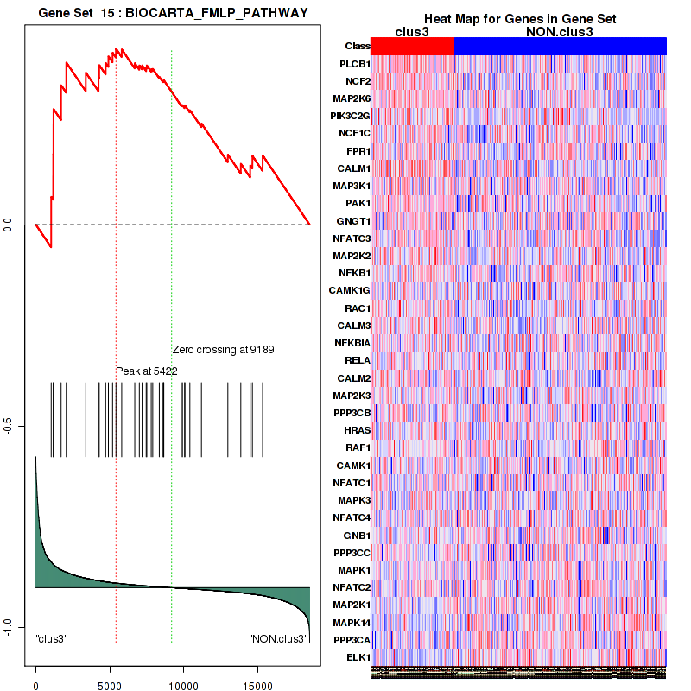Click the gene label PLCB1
tap(355, 64)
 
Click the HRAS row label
tap(357, 430)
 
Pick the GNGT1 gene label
tap(353, 220)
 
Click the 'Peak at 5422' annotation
tap(147, 371)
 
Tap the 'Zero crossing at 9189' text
tap(223, 350)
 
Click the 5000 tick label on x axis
tap(110, 679)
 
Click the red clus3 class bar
tap(412, 46)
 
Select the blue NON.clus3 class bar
tap(560, 46)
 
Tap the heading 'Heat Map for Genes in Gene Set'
tap(519, 19)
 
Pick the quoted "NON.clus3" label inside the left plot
tap(278, 638)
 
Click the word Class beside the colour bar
tap(358, 46)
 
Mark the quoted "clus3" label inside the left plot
tap(52, 638)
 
